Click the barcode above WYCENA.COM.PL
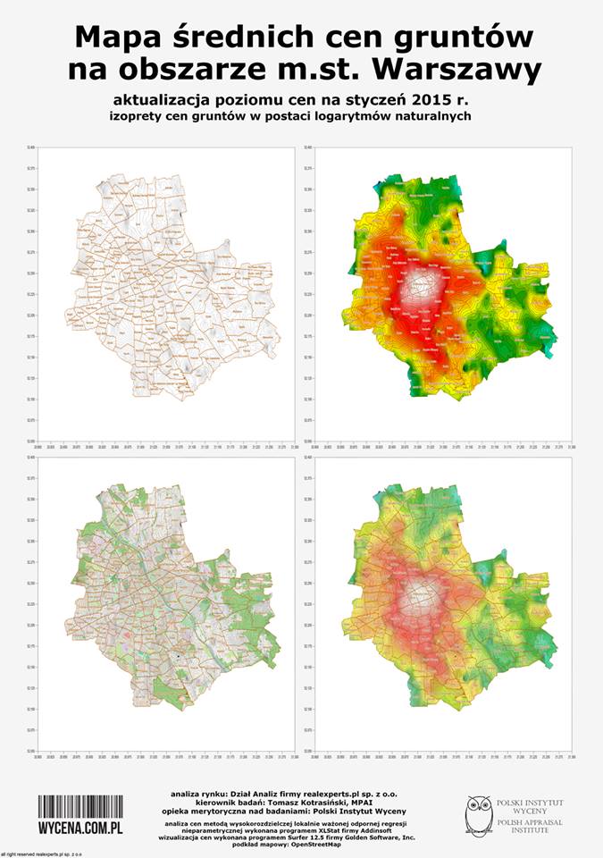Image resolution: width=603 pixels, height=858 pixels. [80, 805]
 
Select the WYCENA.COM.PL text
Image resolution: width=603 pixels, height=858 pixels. [80, 829]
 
